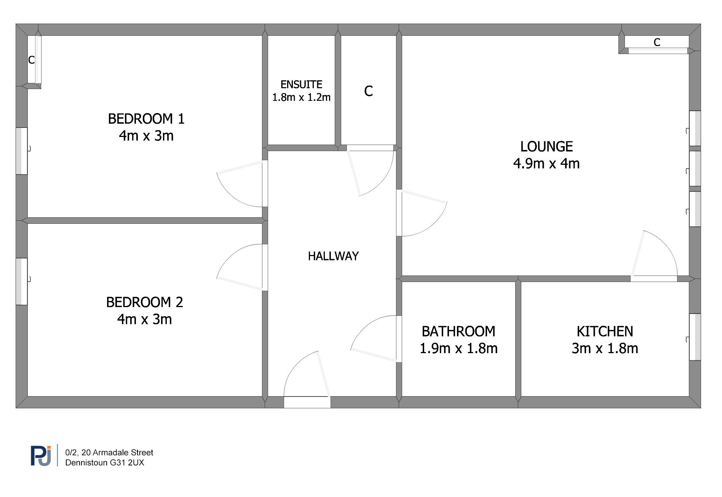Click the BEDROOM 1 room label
tap(146, 119)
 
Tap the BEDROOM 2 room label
tap(145, 302)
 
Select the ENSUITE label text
tap(301, 84)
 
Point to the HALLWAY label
tap(333, 256)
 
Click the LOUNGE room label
tap(546, 147)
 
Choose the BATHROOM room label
tap(458, 331)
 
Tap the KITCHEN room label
tap(605, 331)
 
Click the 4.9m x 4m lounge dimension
tap(546, 164)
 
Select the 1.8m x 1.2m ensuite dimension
tap(301, 97)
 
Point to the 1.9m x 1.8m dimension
tap(458, 348)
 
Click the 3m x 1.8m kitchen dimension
tap(605, 348)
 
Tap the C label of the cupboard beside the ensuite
tap(368, 91)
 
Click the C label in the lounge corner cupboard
tap(657, 42)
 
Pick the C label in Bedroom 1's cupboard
tap(32, 60)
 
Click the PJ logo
tap(41, 456)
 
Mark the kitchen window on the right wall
tap(695, 337)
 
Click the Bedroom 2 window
tap(22, 282)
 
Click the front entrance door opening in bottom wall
tap(307, 402)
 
